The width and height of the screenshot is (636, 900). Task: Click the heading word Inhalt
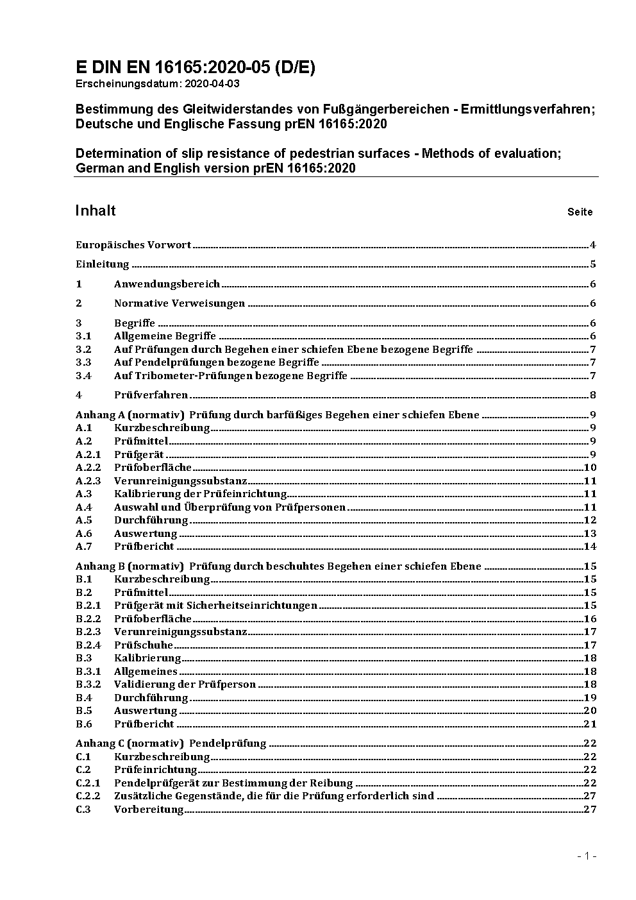click(x=96, y=211)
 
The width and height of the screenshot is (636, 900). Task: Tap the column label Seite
click(x=580, y=212)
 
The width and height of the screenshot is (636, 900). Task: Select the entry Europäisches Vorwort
click(x=133, y=244)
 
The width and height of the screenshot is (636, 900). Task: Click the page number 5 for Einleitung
click(x=593, y=264)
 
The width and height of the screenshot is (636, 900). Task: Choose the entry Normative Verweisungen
click(x=180, y=303)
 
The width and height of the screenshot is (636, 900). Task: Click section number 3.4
click(x=83, y=376)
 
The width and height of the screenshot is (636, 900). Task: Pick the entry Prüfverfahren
click(x=151, y=395)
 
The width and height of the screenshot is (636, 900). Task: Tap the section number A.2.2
click(x=88, y=468)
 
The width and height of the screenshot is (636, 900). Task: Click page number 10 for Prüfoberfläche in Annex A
click(x=590, y=468)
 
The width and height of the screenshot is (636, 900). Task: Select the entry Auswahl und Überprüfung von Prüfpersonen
click(x=230, y=507)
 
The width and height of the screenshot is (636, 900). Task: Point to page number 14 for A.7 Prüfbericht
click(x=590, y=547)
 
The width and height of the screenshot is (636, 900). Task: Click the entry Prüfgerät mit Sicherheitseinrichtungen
click(x=215, y=606)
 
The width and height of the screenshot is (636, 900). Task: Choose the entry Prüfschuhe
click(x=144, y=645)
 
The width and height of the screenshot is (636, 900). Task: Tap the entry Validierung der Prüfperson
click(x=185, y=684)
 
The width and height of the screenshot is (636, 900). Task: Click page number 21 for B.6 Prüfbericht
click(x=590, y=724)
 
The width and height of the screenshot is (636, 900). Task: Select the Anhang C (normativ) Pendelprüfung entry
click(x=171, y=743)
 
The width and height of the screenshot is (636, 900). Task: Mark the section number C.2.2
click(x=88, y=796)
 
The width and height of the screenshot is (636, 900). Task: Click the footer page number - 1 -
click(x=587, y=856)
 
